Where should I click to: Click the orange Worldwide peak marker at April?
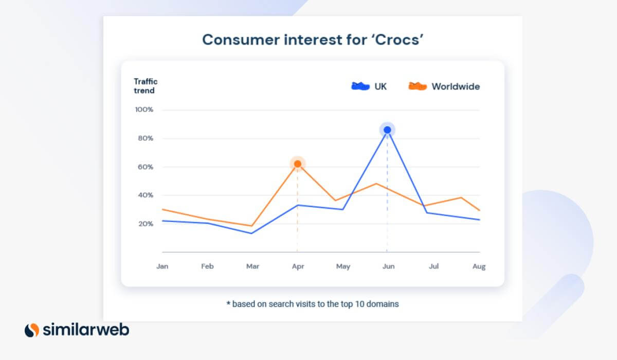297,164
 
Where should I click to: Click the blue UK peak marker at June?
387,130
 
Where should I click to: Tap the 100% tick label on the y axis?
143,110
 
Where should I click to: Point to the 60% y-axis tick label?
145,167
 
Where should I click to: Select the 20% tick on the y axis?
145,224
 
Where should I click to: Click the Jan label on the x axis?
162,267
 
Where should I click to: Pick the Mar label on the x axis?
252,267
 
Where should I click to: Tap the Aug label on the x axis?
479,267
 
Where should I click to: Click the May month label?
343,267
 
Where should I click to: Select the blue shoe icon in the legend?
360,86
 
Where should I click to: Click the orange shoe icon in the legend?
418,86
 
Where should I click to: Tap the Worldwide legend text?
456,86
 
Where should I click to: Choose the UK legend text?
380,86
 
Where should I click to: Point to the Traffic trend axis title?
146,86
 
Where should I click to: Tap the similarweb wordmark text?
86,330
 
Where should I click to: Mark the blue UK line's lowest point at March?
251,233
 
